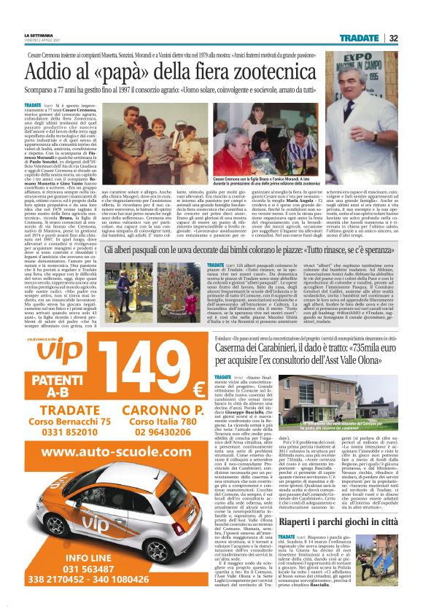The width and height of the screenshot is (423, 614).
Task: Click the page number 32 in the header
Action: [393, 38]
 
